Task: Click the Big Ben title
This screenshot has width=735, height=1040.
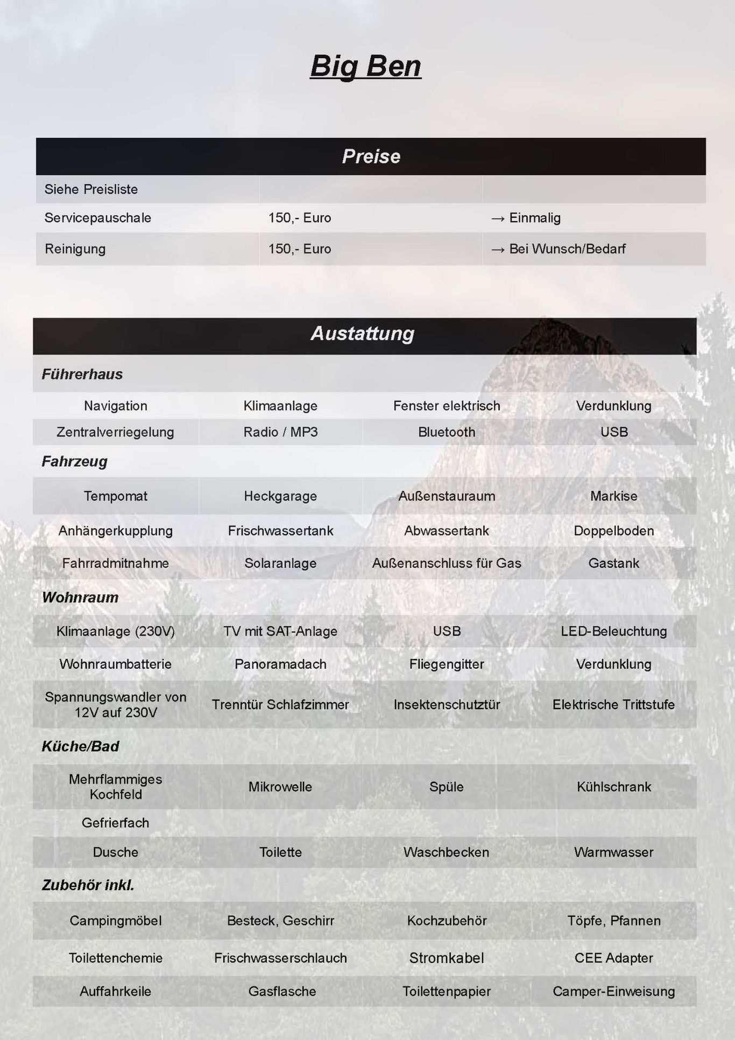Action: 365,67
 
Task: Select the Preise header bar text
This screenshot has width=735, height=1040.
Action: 371,157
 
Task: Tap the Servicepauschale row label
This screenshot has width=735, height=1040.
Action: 97,218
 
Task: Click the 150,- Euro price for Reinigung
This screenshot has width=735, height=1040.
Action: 299,249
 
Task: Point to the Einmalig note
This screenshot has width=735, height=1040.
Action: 534,218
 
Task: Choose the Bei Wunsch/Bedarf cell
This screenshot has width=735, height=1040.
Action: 567,249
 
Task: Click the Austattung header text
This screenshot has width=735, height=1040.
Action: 363,334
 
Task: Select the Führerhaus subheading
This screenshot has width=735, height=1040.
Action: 82,374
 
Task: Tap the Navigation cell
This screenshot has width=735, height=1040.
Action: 115,406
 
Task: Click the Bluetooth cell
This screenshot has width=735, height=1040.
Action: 447,432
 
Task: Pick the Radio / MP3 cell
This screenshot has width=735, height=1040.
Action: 280,432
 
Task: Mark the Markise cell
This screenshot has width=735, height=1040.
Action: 613,496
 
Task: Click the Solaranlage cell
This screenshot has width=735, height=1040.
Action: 280,563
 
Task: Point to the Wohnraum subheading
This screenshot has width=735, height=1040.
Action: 80,597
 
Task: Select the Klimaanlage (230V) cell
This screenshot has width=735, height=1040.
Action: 115,631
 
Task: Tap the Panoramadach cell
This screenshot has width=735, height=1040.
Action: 280,664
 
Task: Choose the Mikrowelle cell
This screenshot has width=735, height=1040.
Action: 280,787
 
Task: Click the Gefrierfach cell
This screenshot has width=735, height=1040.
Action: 115,823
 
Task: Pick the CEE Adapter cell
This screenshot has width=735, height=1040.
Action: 613,958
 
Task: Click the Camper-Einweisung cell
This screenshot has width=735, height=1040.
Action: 613,991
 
